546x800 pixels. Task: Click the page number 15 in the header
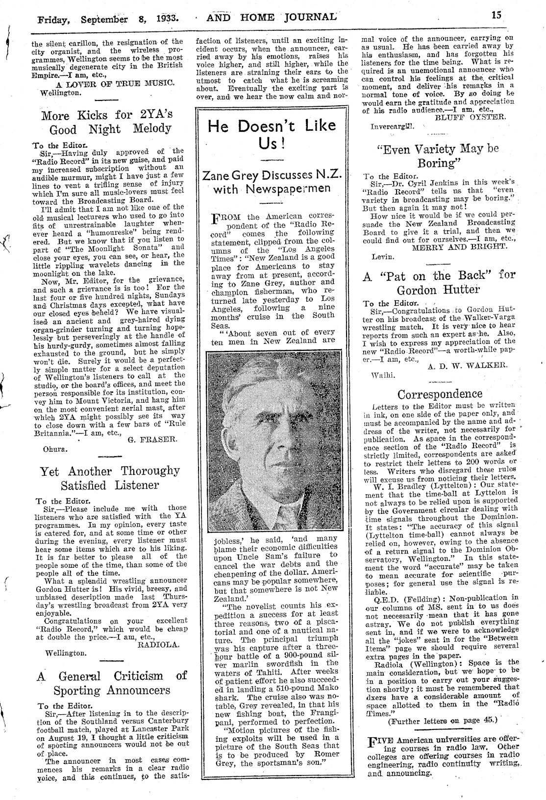(x=496, y=16)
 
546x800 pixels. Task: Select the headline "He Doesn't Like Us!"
(x=272, y=135)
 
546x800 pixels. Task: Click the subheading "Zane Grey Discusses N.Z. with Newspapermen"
(x=272, y=182)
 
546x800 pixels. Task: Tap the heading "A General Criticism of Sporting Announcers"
(x=112, y=683)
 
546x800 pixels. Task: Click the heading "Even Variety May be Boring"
(x=437, y=155)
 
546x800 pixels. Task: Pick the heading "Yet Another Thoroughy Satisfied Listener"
(x=110, y=478)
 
